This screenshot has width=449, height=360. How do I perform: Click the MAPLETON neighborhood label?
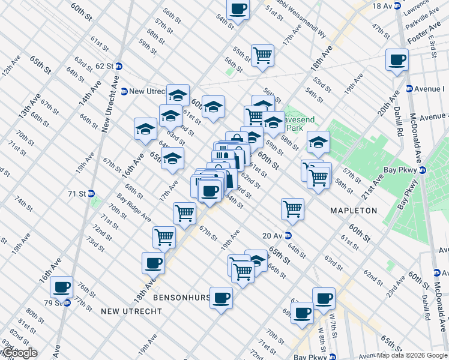[x=353, y=211]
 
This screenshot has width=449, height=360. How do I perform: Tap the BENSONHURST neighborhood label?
[x=180, y=298]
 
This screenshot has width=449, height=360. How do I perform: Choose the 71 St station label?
[x=78, y=194]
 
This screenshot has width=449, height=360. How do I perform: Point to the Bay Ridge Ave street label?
[x=134, y=207]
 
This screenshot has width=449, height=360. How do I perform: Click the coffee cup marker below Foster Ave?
[x=397, y=60]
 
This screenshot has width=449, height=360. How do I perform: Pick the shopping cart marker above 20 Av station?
[x=292, y=209]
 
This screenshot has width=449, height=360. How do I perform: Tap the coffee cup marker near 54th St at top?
[x=238, y=9]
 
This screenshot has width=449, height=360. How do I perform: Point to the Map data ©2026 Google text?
[x=412, y=355]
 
